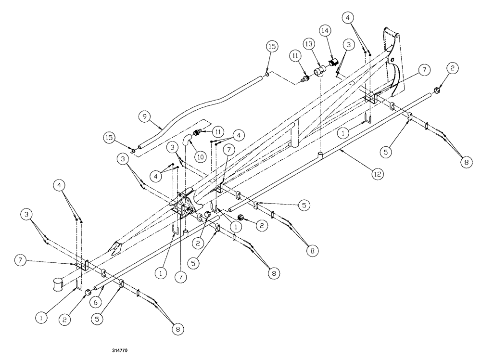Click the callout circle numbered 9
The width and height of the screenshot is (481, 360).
click(x=143, y=116)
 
